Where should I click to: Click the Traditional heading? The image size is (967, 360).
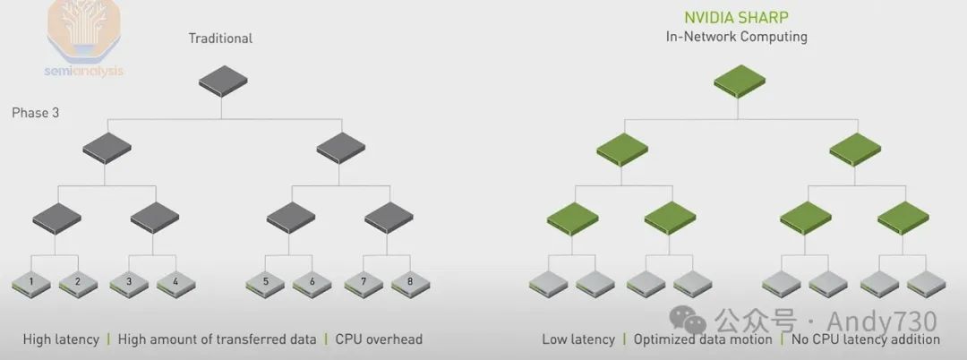(x=220, y=39)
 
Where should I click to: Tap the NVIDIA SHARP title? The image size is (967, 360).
(x=736, y=18)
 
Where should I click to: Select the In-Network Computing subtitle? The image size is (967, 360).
(x=736, y=37)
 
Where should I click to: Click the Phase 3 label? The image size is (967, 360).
(x=36, y=114)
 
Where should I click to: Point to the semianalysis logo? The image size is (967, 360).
(x=83, y=40)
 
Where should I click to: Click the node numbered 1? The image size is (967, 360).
(x=31, y=283)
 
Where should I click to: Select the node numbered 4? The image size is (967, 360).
(x=175, y=283)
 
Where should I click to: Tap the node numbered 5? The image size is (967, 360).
(x=266, y=283)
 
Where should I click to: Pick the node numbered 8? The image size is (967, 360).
(x=410, y=283)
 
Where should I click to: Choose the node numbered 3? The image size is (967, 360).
(x=129, y=283)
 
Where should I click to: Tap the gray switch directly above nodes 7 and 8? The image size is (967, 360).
(x=387, y=217)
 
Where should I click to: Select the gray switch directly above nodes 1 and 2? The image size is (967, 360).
(x=56, y=217)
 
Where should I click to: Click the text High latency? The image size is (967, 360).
(x=61, y=339)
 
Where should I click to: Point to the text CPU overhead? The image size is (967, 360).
(x=379, y=339)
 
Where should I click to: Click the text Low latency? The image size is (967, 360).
(x=578, y=339)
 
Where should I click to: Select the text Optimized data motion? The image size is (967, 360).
(x=702, y=339)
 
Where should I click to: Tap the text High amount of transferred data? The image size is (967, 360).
(x=217, y=339)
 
